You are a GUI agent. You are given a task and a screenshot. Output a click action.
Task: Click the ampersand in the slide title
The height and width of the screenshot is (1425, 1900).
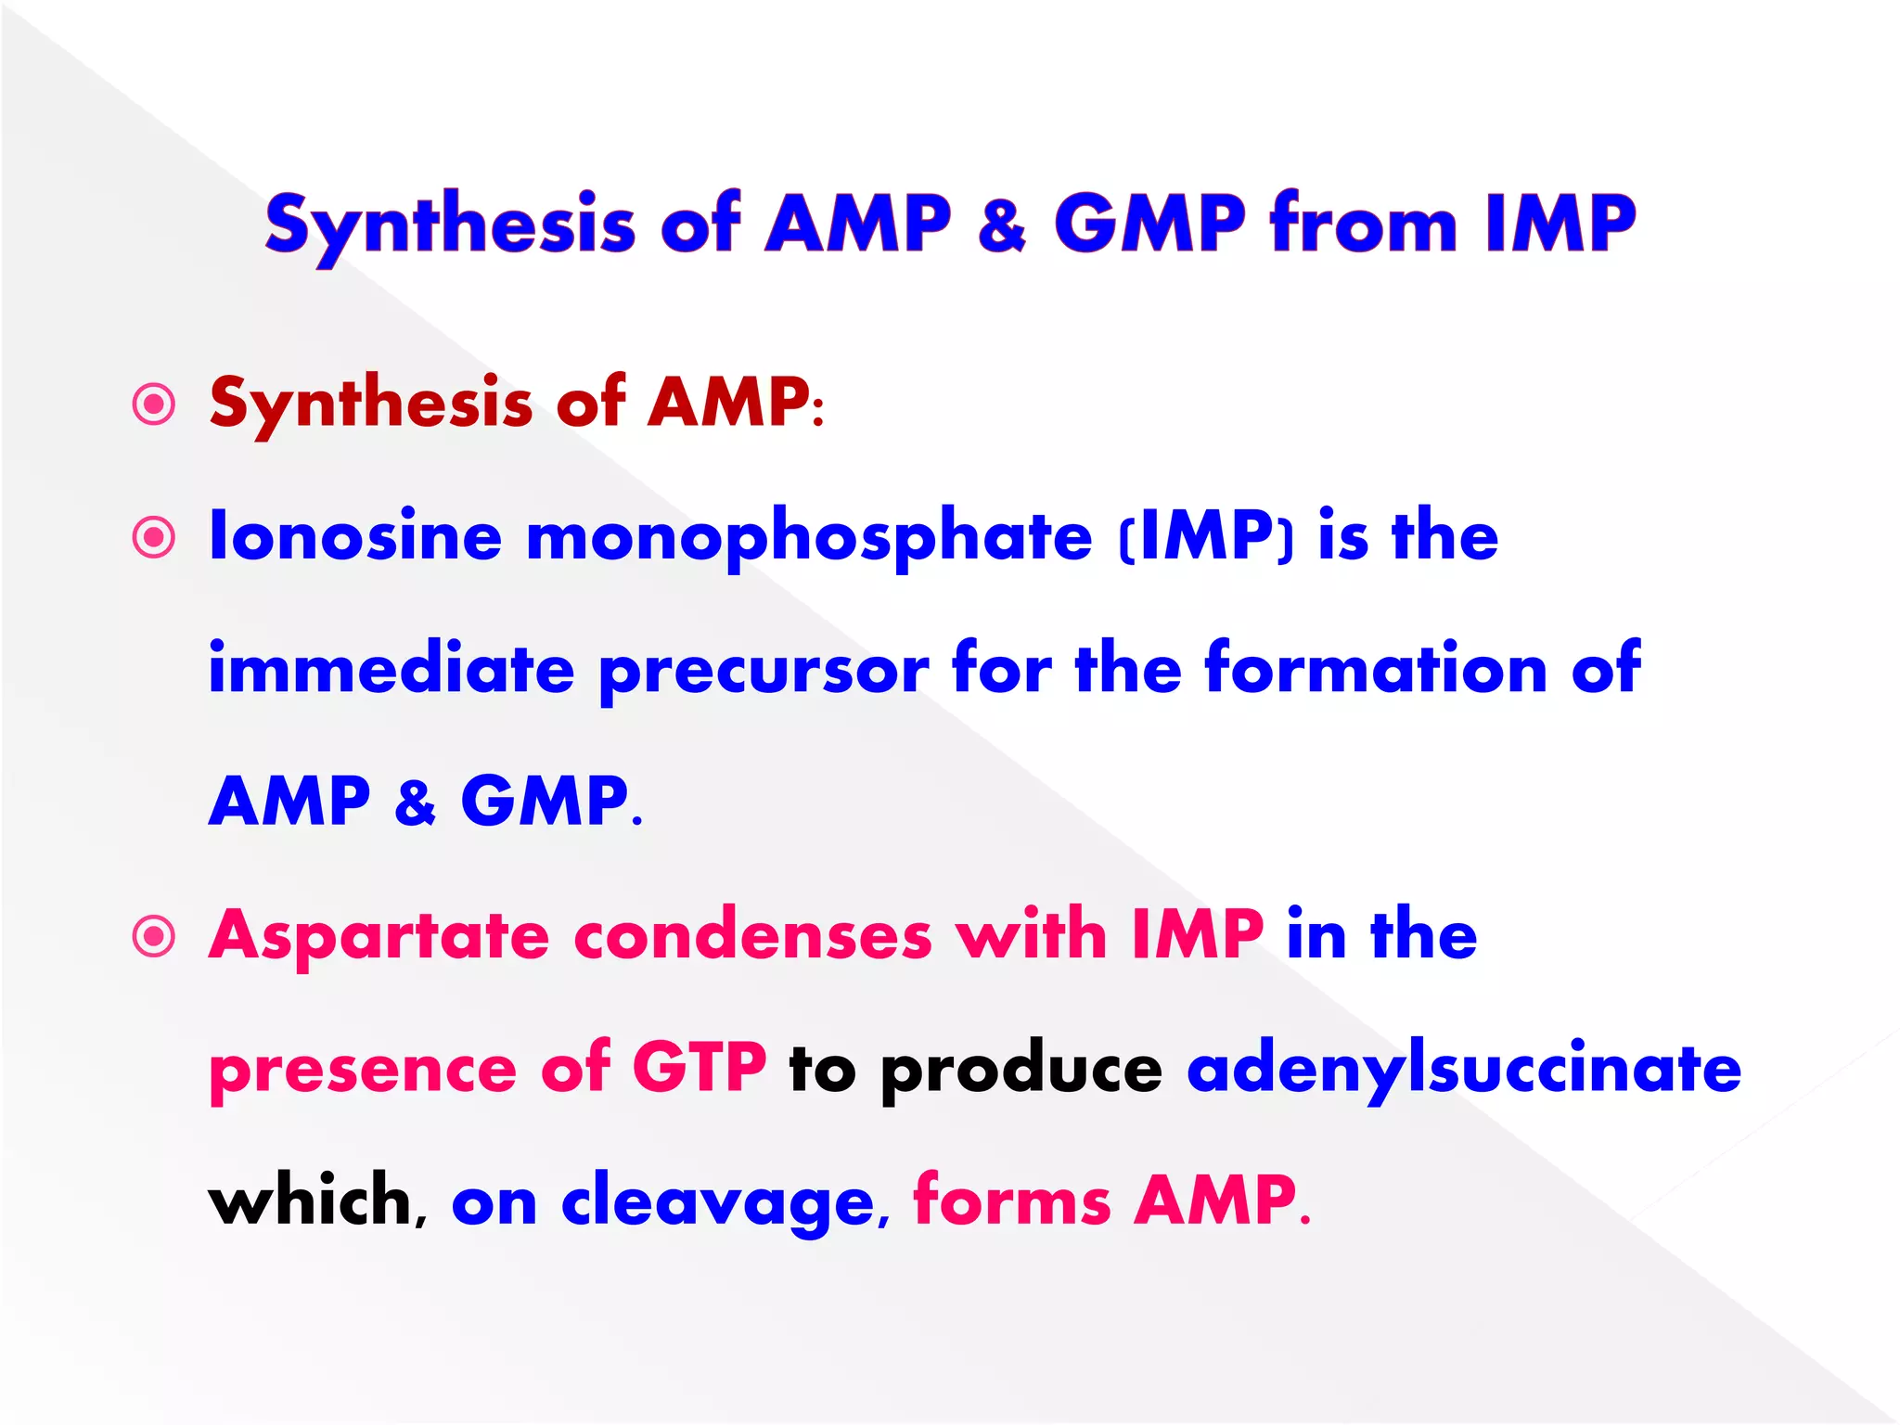coord(1002,225)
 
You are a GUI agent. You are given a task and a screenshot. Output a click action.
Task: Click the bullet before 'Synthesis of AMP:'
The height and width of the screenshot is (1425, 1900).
coord(154,404)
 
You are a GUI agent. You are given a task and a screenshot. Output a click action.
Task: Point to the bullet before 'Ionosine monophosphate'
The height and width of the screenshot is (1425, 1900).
coord(154,538)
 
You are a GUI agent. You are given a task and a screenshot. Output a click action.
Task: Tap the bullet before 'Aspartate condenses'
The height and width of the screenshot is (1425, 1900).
coord(154,936)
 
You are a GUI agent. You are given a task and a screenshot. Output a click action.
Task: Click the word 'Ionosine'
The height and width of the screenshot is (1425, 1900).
coord(355,536)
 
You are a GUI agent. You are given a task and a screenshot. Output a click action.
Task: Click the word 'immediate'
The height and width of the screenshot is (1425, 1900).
coord(391,669)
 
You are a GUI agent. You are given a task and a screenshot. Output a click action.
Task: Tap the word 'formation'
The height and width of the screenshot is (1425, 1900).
coord(1376,669)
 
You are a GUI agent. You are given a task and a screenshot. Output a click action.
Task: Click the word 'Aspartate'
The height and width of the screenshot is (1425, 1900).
coord(379,937)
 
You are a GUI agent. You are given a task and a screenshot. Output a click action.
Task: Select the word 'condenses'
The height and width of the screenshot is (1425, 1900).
coord(752,935)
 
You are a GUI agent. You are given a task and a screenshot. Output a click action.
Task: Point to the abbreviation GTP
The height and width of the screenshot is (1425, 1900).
coord(700,1068)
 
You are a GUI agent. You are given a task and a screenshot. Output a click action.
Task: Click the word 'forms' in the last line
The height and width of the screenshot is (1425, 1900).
coord(1012,1200)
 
